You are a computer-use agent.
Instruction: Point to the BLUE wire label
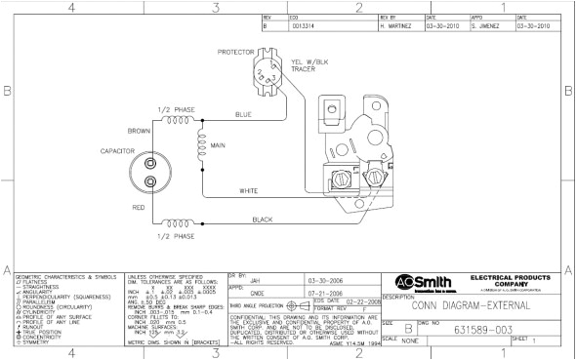[x=244, y=115]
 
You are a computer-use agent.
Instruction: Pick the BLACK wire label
[x=263, y=220]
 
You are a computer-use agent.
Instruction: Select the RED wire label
[x=139, y=208]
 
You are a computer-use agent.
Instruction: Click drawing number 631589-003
[x=487, y=330]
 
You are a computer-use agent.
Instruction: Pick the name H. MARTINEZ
[x=399, y=26]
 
